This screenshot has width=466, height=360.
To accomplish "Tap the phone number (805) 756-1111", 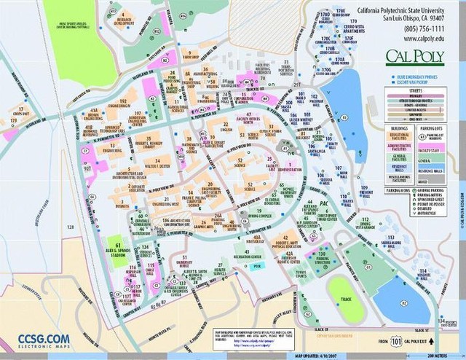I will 404,27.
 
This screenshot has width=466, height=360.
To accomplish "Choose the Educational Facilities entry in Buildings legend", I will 403,137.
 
